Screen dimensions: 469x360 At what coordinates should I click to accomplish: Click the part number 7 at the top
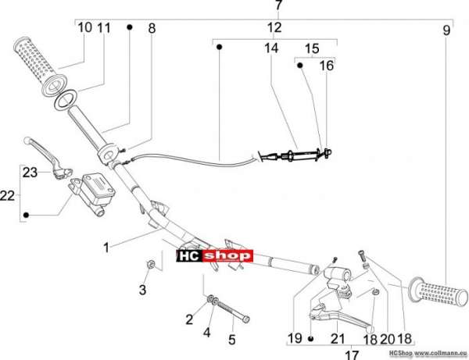tap(279, 5)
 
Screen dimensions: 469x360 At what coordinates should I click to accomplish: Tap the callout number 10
tap(84, 27)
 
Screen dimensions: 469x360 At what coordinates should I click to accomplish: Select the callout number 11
tap(104, 28)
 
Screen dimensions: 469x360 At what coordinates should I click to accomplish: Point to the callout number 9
tap(446, 30)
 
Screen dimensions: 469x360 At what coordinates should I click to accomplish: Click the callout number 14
tap(271, 48)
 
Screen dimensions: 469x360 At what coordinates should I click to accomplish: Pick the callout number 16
tap(327, 66)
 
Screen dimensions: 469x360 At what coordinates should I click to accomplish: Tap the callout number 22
tap(8, 196)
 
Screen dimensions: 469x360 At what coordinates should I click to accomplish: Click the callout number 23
tap(30, 173)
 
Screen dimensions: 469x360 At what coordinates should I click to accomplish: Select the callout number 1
tap(106, 248)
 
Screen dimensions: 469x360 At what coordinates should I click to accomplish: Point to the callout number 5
tap(232, 340)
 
